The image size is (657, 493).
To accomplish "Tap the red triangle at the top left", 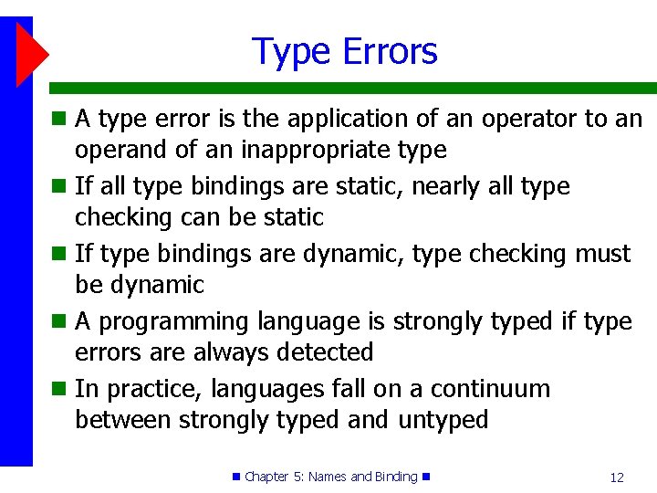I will [31, 54].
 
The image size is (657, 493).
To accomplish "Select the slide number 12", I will [617, 477].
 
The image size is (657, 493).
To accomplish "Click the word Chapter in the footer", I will [266, 477].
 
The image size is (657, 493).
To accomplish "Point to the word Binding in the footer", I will [395, 477].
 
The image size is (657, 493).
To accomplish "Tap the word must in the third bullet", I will [603, 254].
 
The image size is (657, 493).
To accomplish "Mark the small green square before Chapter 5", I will [237, 477].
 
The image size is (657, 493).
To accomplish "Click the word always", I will [214, 352].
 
